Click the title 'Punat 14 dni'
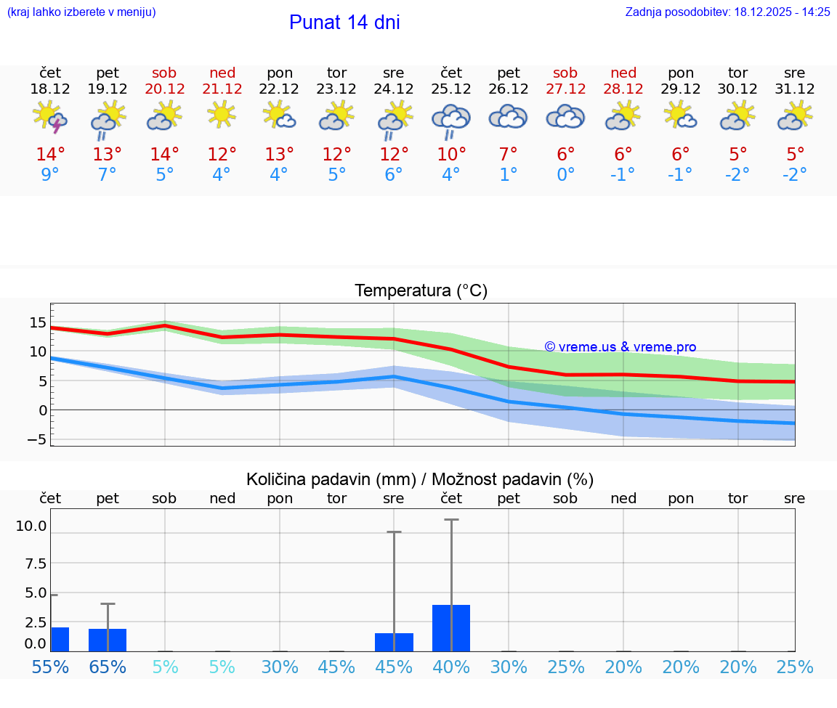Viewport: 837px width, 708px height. (x=344, y=23)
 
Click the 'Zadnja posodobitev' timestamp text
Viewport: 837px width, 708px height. (x=727, y=12)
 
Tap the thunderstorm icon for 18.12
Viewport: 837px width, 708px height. (x=50, y=117)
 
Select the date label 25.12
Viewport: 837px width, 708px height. (x=451, y=89)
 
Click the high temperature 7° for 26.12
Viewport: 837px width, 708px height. (x=509, y=154)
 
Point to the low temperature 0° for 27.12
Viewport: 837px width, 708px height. (x=566, y=174)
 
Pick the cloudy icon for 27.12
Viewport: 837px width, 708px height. (x=565, y=116)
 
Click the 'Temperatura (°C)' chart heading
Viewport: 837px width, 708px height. (x=421, y=291)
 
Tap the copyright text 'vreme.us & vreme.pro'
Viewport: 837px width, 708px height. (x=620, y=347)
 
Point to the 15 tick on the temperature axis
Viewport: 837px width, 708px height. (x=38, y=322)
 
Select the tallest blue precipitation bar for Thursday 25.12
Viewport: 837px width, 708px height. (x=451, y=628)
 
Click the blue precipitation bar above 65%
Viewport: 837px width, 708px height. (x=108, y=640)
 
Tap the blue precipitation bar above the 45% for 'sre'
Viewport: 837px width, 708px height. (x=394, y=642)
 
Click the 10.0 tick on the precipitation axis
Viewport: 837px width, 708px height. (x=31, y=526)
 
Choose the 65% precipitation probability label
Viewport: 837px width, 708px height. (x=108, y=667)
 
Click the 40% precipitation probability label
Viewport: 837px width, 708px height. (x=451, y=667)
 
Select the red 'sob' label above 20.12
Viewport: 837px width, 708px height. (x=164, y=73)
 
